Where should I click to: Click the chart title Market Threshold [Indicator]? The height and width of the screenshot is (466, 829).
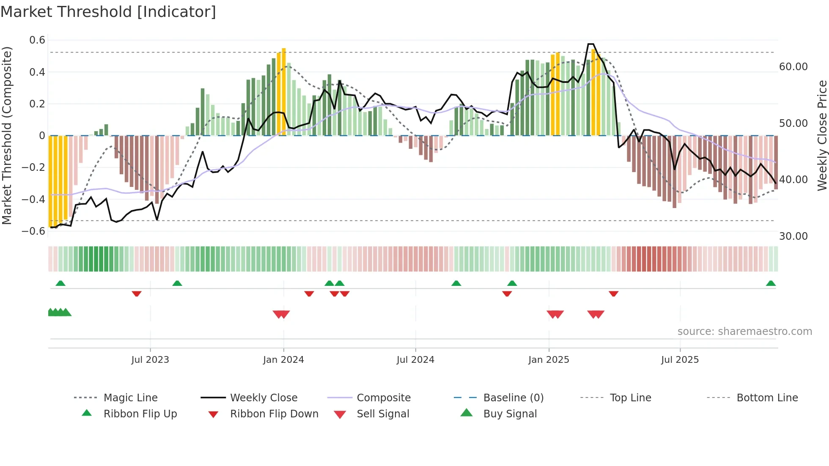coord(108,12)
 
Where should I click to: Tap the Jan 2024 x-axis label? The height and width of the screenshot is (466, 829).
coord(283,359)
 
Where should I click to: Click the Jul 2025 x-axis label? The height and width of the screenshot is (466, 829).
coord(680,359)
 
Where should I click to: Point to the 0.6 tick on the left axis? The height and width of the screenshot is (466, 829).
coord(37,40)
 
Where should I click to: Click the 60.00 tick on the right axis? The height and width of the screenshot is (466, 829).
coord(793,67)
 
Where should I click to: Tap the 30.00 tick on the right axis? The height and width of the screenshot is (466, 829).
coord(793,236)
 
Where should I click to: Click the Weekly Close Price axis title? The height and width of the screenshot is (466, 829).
coord(822,135)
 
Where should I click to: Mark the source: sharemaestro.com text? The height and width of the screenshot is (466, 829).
coord(744,331)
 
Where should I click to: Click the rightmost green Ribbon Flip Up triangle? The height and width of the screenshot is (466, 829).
coord(771,283)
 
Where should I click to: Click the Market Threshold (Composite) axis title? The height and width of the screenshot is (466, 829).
coord(7,135)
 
